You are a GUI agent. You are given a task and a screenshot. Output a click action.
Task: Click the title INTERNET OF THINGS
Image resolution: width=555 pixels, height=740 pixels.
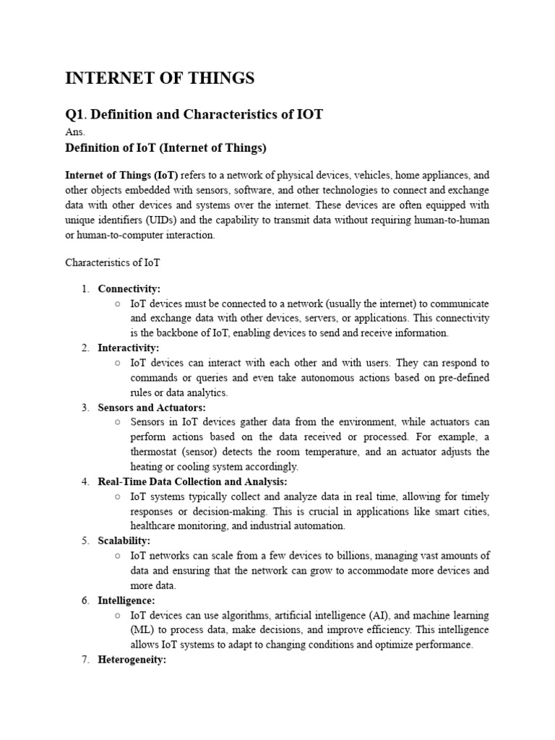coord(160,79)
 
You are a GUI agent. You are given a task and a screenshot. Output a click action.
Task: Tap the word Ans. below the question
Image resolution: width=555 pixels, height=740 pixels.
coord(74,132)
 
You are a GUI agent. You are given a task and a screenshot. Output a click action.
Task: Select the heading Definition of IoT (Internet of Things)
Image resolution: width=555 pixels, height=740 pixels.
coord(166,148)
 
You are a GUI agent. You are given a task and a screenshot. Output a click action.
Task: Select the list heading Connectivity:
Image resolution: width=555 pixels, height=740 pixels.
coord(129,289)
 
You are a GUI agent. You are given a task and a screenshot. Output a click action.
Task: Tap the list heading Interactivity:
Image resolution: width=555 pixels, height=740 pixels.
coord(129,348)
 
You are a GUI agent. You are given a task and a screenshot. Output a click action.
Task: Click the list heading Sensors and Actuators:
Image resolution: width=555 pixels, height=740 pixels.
coord(152,408)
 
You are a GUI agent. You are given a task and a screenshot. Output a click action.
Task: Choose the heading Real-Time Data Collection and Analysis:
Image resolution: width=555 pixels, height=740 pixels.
coord(192,481)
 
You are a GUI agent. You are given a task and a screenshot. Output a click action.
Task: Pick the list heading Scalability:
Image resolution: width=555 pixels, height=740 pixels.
coord(124,541)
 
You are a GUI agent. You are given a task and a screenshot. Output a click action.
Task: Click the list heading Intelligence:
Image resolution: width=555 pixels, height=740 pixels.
coord(126,600)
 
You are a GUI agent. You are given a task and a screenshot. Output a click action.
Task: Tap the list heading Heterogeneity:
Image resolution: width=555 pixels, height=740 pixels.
coord(132,659)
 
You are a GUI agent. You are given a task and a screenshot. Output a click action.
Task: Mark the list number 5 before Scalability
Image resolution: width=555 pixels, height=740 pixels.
coord(85,541)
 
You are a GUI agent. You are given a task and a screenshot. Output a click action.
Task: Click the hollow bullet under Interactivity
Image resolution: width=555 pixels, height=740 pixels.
coord(117,363)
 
